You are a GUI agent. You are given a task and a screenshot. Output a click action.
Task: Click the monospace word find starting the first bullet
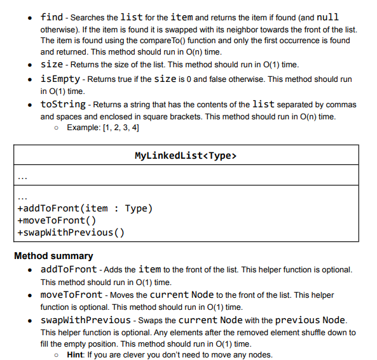51,17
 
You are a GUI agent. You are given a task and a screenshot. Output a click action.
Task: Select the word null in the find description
328,17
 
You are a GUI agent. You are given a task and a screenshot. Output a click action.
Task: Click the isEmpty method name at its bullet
60,79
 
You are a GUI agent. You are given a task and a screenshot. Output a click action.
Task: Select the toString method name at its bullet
63,104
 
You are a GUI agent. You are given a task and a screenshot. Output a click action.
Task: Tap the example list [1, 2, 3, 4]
116,128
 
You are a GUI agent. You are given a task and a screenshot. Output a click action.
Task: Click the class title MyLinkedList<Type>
186,156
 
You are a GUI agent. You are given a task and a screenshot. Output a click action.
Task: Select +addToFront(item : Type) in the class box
85,208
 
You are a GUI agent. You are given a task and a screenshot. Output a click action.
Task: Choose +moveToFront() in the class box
57,220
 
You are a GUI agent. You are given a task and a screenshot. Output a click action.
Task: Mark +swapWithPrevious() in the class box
71,232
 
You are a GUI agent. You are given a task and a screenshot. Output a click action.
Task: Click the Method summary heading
53,256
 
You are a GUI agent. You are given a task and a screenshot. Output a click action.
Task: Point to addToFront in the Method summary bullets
69,269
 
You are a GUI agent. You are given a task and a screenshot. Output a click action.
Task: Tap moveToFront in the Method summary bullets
71,295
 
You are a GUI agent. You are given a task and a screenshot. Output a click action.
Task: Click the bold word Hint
75,354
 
